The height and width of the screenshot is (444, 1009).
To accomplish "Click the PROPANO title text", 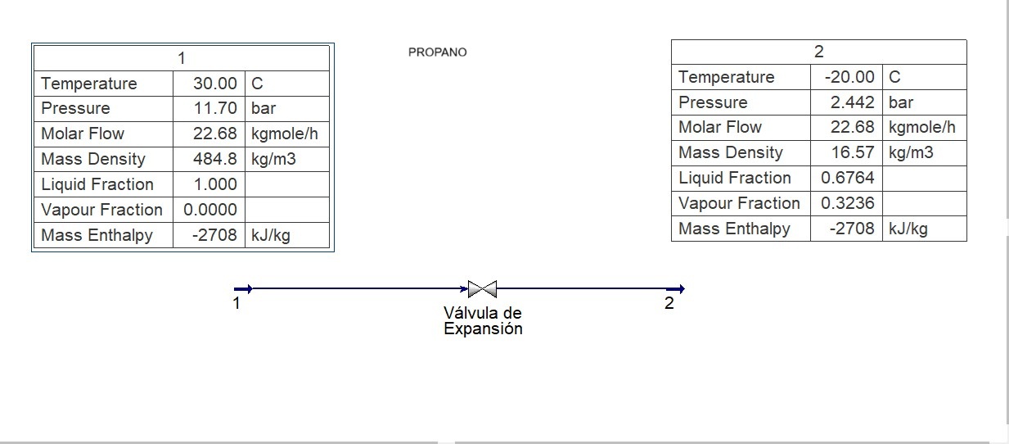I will pyautogui.click(x=437, y=52).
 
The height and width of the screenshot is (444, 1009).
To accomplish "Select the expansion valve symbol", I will pyautogui.click(x=482, y=288).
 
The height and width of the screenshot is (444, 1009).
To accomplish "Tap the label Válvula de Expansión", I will pyautogui.click(x=483, y=321).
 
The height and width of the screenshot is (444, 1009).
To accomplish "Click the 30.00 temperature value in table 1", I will pyautogui.click(x=215, y=84).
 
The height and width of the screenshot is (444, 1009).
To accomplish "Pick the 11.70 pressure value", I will pyautogui.click(x=215, y=108).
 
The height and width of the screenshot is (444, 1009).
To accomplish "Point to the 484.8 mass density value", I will pyautogui.click(x=215, y=159).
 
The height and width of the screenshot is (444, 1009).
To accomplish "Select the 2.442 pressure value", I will pyautogui.click(x=853, y=102).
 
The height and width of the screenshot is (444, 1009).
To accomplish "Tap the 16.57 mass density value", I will pyautogui.click(x=853, y=152).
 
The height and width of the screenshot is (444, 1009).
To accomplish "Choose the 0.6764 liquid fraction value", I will pyautogui.click(x=848, y=178).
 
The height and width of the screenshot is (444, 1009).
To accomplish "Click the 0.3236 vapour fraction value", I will pyautogui.click(x=848, y=203).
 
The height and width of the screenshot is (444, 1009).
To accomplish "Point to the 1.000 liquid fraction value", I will pyautogui.click(x=215, y=184).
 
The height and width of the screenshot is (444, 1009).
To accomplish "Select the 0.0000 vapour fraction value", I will pyautogui.click(x=210, y=210).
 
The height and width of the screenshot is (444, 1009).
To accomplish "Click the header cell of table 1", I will pyautogui.click(x=181, y=58).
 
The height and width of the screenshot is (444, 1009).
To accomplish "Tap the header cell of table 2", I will pyautogui.click(x=818, y=52).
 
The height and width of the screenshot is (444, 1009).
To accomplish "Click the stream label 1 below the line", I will pyautogui.click(x=236, y=304).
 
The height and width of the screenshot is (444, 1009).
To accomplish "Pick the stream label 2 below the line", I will pyautogui.click(x=669, y=303).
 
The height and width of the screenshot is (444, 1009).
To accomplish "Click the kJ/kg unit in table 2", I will pyautogui.click(x=908, y=229).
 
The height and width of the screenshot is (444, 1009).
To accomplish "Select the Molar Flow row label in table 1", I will pyautogui.click(x=83, y=134).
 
